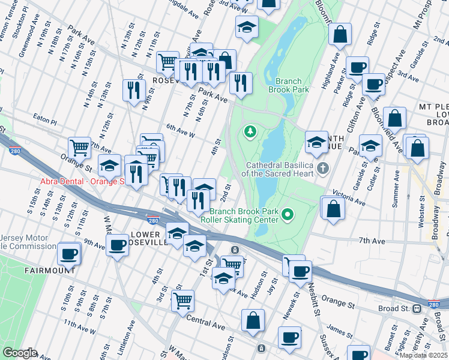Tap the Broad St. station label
(394, 308)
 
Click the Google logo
(20, 353)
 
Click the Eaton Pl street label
(44, 119)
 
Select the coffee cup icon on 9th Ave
(116, 244)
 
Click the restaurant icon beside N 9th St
(132, 89)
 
